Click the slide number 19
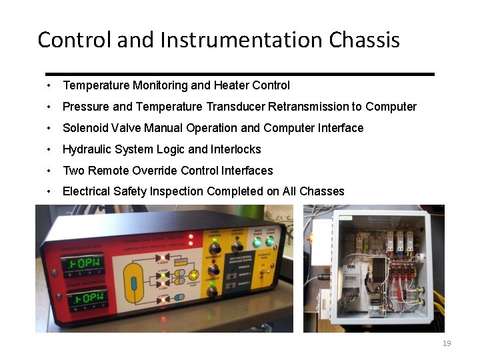(447, 343)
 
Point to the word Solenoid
(84, 128)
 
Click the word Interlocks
(236, 149)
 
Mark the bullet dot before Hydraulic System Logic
(49, 149)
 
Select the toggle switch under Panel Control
(215, 247)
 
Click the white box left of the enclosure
(321, 240)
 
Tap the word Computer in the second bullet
(391, 107)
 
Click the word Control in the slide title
(75, 40)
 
